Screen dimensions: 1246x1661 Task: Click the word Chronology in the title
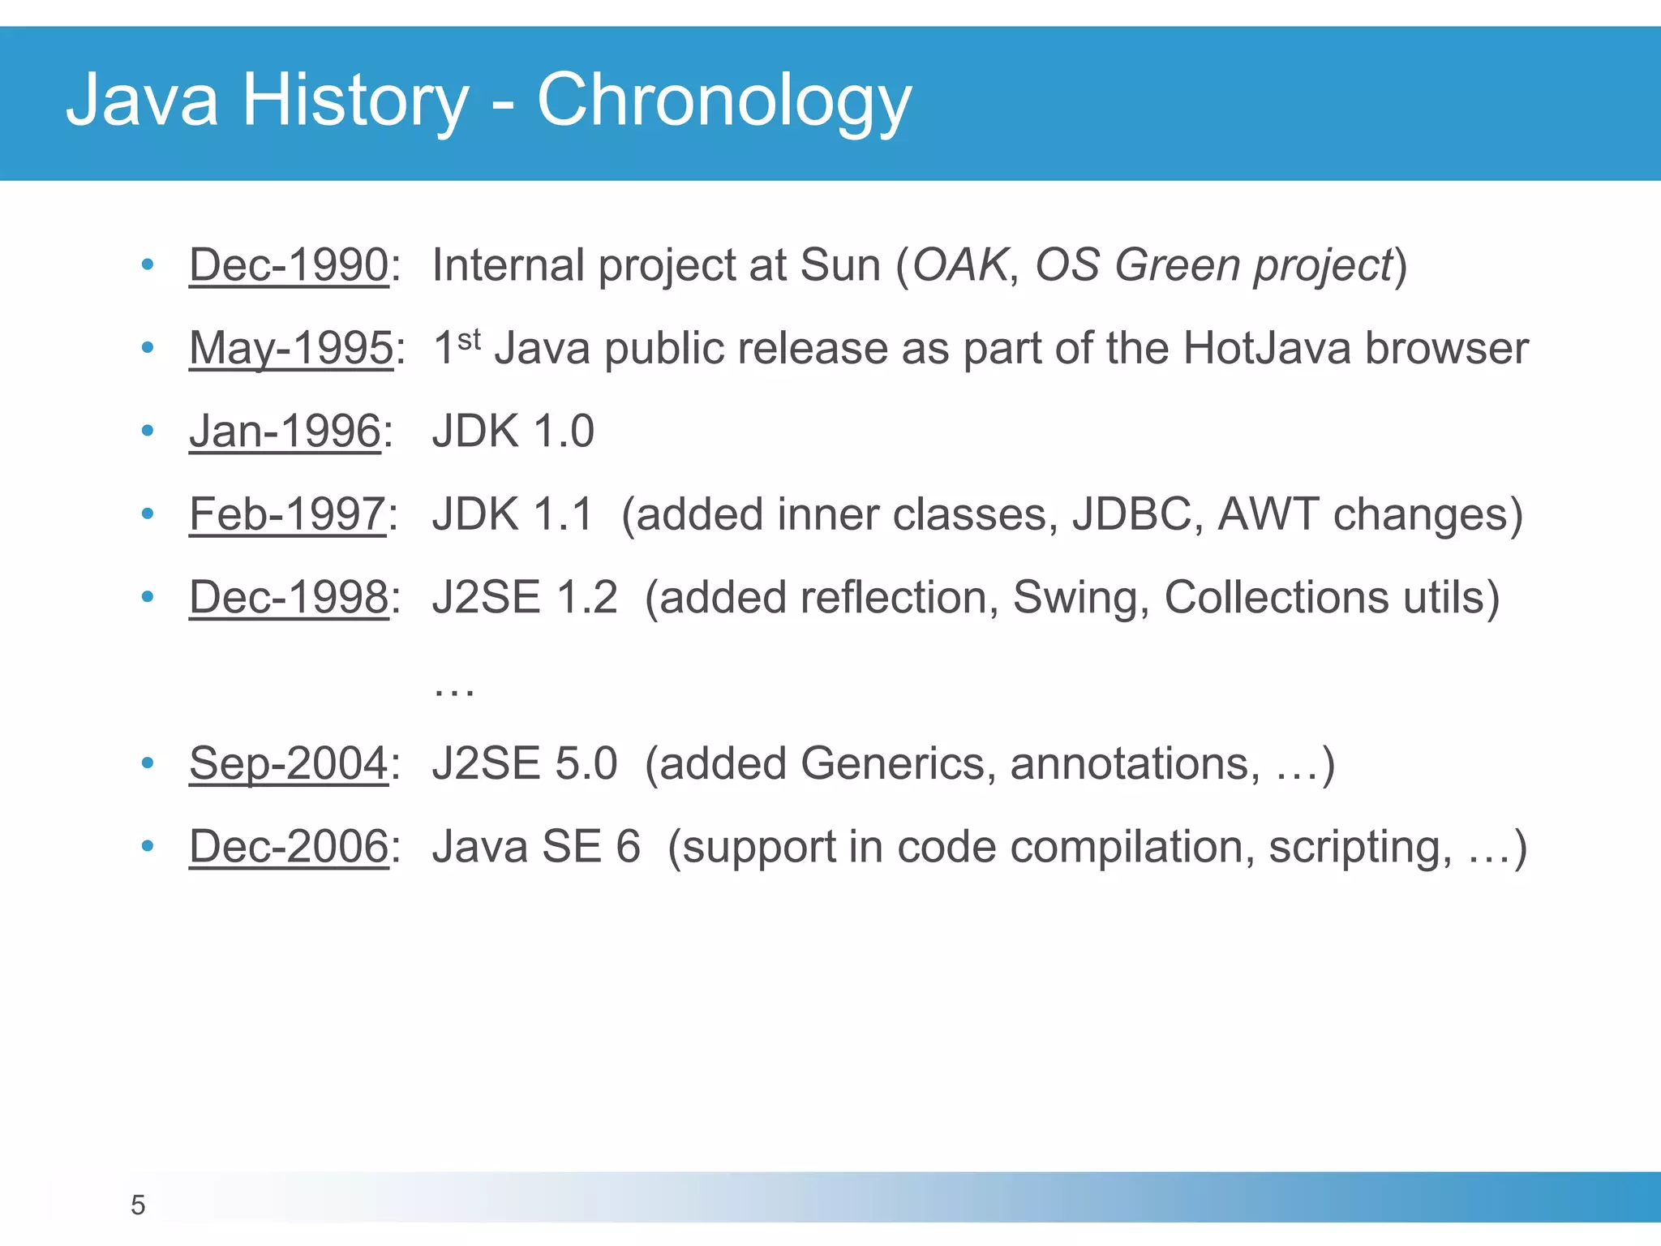click(724, 101)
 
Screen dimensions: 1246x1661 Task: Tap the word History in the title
click(355, 101)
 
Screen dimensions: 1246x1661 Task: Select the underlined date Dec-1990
click(289, 265)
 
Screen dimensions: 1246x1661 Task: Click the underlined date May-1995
click(290, 348)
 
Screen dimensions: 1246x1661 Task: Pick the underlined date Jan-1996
click(285, 431)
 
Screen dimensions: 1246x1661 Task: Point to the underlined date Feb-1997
click(287, 514)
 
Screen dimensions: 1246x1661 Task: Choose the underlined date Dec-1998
click(289, 598)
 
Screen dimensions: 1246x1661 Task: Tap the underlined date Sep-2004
click(289, 764)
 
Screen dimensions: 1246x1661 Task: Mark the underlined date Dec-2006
click(289, 847)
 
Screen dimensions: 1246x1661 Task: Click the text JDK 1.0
click(513, 431)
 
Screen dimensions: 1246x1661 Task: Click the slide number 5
click(138, 1205)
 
